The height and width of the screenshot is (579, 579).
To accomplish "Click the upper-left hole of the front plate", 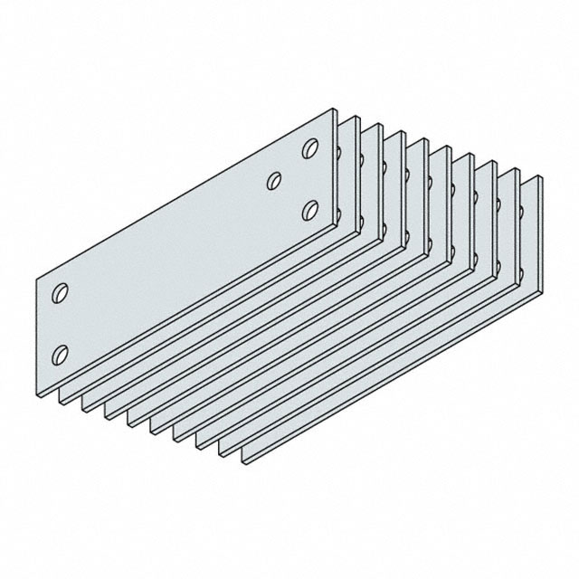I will [62, 293].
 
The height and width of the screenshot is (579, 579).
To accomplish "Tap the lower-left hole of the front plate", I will [62, 352].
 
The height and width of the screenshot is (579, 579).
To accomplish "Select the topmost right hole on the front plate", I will [310, 148].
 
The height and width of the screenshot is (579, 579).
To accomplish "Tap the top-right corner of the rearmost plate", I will [541, 176].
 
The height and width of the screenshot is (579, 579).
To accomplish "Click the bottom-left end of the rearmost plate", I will [245, 461].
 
